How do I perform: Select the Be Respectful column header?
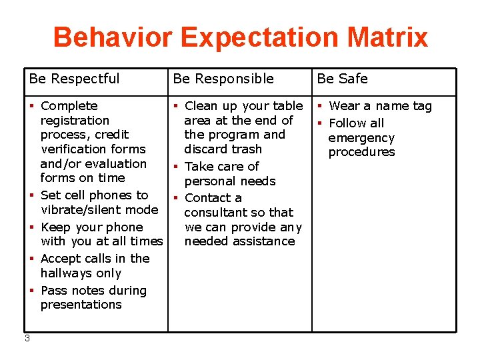(x=74, y=79)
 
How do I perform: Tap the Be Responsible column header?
(x=223, y=79)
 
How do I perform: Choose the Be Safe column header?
(x=342, y=79)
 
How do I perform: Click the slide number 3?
(x=27, y=338)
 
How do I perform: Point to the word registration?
(x=75, y=121)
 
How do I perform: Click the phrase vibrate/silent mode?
(x=99, y=210)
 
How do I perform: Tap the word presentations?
(x=81, y=305)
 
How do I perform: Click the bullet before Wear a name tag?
(x=320, y=106)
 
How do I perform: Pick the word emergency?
(x=361, y=138)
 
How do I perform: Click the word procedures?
(x=361, y=152)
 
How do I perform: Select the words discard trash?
(x=223, y=149)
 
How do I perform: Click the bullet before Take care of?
(x=176, y=167)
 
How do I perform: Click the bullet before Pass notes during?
(x=32, y=291)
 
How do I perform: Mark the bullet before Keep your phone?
(x=32, y=227)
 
